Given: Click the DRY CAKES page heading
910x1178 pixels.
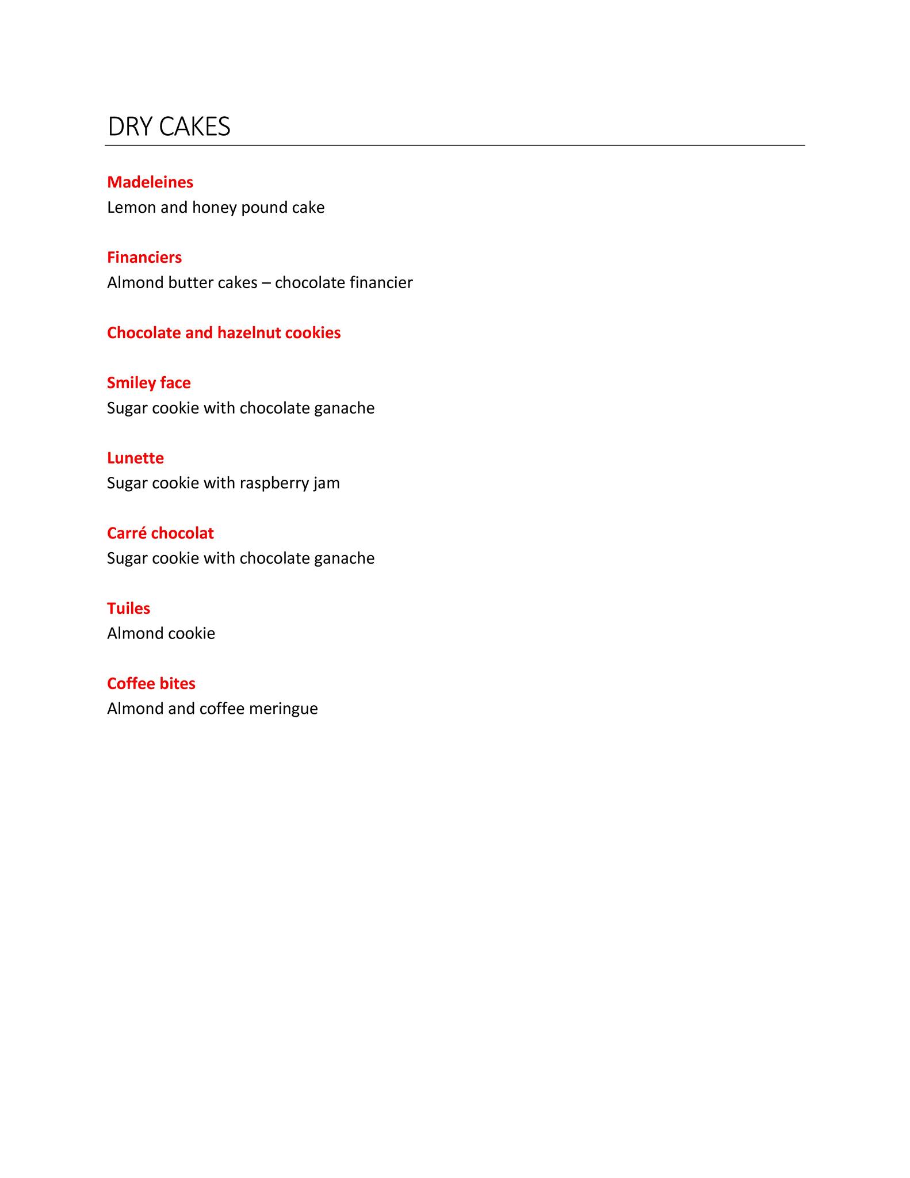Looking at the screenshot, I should (x=169, y=127).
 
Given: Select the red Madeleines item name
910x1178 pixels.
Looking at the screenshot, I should (x=150, y=182).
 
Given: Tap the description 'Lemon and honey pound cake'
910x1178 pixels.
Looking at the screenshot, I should (x=216, y=208).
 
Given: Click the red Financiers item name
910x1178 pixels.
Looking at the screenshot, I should (x=144, y=258).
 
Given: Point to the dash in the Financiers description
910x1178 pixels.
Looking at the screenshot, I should (x=266, y=283).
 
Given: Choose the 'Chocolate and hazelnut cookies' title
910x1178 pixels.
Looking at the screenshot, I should (x=224, y=333).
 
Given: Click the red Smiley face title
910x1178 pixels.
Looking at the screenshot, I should (x=148, y=383).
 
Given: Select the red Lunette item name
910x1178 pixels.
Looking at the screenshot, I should (x=135, y=458).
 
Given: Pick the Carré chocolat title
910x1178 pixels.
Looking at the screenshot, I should (x=160, y=534).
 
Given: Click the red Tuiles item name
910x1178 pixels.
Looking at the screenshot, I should (x=128, y=609).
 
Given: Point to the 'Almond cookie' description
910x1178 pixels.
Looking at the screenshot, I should (x=161, y=634).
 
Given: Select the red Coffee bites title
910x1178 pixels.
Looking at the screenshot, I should (x=151, y=684).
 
